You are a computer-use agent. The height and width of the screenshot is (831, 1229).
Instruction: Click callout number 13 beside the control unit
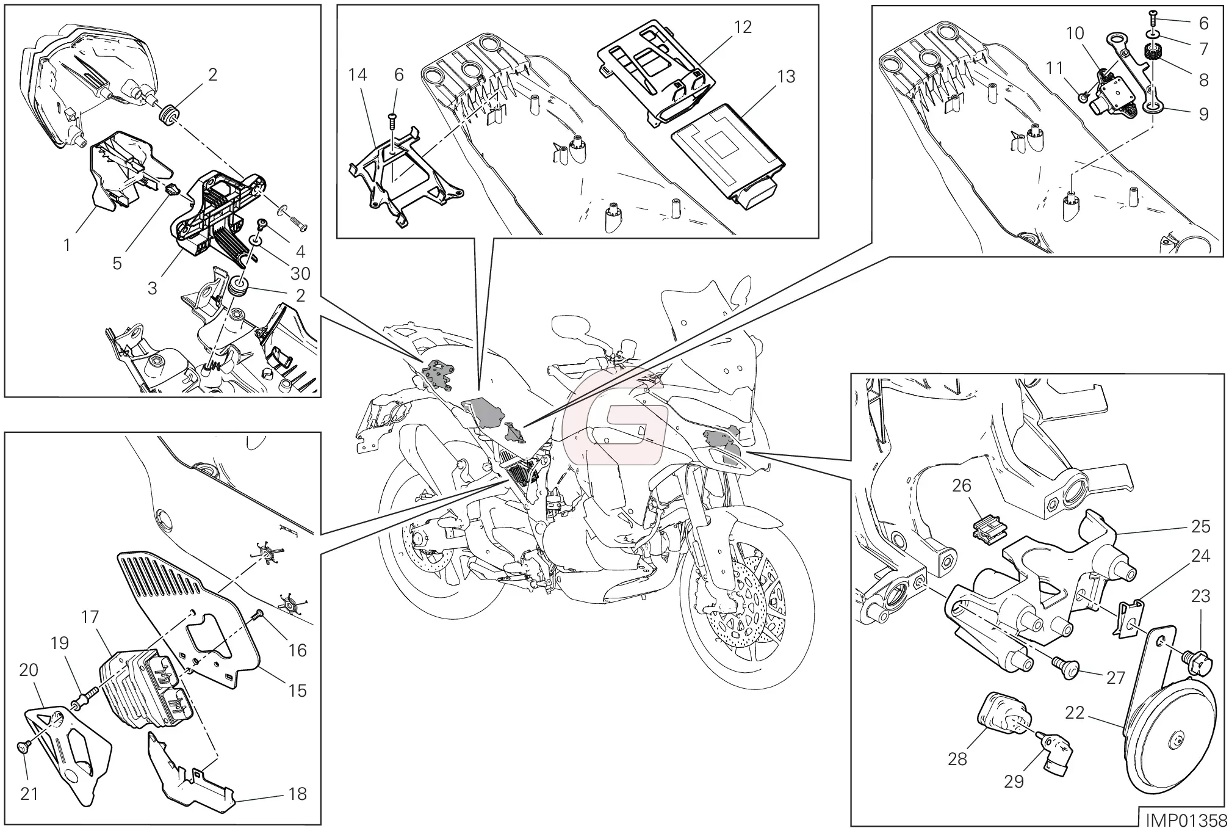point(787,77)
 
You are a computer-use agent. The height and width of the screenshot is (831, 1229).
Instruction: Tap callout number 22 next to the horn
point(1075,713)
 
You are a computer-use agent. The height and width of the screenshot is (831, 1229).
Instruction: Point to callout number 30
point(300,274)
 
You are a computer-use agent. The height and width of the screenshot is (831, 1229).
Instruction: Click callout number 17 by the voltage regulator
point(90,617)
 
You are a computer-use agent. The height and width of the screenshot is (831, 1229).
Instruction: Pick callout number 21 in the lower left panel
point(29,794)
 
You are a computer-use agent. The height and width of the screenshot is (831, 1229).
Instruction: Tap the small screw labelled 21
point(23,746)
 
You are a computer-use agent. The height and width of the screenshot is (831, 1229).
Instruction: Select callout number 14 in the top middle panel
point(358,75)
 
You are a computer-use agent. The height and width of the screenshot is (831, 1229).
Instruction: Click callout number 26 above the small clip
point(961,486)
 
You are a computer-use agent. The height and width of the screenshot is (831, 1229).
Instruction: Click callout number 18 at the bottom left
point(297,794)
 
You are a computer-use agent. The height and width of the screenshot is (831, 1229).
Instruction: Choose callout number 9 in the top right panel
point(1203,114)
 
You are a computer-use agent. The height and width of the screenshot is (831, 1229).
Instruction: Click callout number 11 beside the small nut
point(1054,68)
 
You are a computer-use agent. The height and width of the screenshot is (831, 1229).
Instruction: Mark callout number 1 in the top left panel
point(67,245)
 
